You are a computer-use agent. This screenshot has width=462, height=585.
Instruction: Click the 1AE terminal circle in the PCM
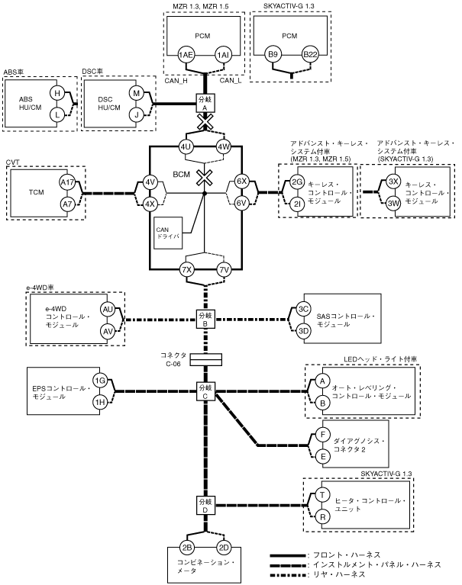[185, 56]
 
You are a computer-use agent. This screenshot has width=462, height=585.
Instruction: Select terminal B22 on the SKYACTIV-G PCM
[310, 56]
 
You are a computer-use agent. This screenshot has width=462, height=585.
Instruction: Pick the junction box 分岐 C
[205, 390]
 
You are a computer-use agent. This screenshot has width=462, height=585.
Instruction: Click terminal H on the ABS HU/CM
[56, 92]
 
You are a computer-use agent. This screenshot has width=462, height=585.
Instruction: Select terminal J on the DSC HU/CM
[137, 115]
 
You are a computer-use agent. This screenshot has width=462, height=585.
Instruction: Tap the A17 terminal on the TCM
[68, 183]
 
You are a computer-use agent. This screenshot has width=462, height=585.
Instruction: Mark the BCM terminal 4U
[186, 146]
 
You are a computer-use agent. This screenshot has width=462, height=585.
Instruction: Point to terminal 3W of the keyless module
[393, 204]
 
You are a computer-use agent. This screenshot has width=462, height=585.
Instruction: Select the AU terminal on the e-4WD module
[108, 308]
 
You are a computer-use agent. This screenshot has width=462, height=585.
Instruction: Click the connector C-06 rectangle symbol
[205, 358]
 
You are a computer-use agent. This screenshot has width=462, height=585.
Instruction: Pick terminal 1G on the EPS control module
[99, 381]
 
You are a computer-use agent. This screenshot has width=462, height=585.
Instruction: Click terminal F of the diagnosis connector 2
[323, 434]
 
